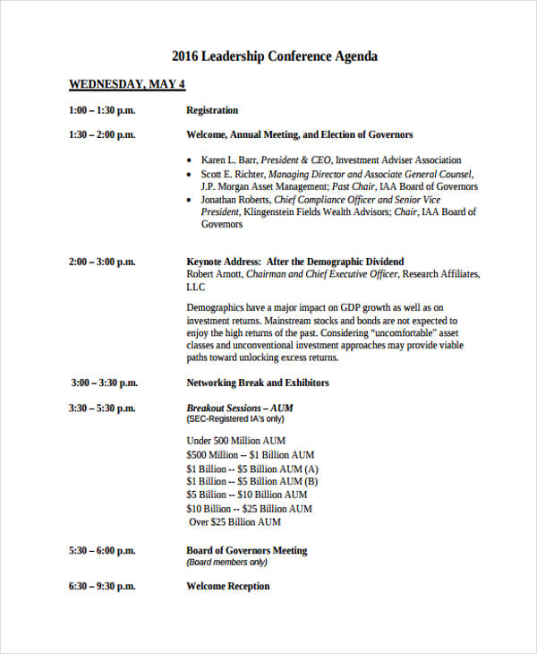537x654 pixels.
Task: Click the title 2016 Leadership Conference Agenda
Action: [x=275, y=56]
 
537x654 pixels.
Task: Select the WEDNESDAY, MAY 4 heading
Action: [x=126, y=85]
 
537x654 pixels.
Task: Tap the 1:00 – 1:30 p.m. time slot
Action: [x=102, y=110]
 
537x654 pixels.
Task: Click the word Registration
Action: [x=212, y=110]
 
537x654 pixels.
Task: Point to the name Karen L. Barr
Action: [x=230, y=159]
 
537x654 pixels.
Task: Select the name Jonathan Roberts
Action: [x=236, y=200]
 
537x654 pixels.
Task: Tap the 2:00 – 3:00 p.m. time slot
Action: [x=102, y=262]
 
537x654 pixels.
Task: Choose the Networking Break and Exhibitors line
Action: [x=258, y=383]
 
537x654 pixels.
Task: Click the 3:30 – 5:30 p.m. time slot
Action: [x=102, y=408]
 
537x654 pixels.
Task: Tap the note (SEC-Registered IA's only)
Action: [x=235, y=419]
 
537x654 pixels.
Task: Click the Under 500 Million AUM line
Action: [x=237, y=441]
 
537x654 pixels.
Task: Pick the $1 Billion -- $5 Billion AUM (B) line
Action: [x=252, y=481]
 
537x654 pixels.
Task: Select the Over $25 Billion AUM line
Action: [x=235, y=521]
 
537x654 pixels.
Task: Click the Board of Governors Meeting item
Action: [x=246, y=550]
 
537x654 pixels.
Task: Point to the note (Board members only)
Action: [x=227, y=563]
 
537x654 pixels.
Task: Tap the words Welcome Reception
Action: [x=227, y=586]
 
